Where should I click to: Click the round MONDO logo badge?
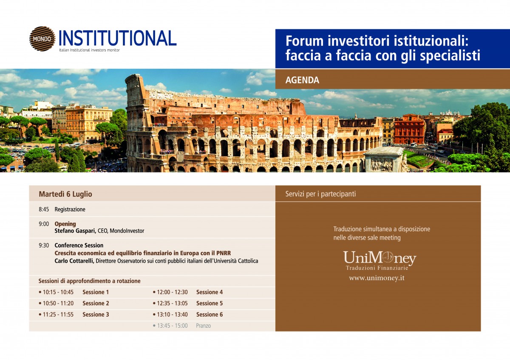click(42, 39)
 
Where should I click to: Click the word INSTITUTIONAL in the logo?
click(118, 38)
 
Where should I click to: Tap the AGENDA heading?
click(302, 80)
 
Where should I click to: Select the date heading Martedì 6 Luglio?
click(65, 194)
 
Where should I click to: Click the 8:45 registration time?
click(44, 209)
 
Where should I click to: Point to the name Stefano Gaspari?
click(75, 231)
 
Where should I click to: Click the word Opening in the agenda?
click(65, 224)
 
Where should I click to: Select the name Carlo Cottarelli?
click(74, 261)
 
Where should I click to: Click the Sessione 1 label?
click(96, 292)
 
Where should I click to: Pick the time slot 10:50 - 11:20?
click(58, 303)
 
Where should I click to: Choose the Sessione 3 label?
click(96, 315)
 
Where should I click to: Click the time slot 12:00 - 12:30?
click(173, 292)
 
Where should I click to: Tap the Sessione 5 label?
click(210, 303)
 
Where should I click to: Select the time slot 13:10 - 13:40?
click(173, 315)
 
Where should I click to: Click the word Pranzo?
click(203, 326)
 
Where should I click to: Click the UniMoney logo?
click(380, 260)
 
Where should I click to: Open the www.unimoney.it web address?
click(377, 278)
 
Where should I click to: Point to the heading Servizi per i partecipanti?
click(320, 194)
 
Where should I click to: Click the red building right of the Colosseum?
click(409, 129)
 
